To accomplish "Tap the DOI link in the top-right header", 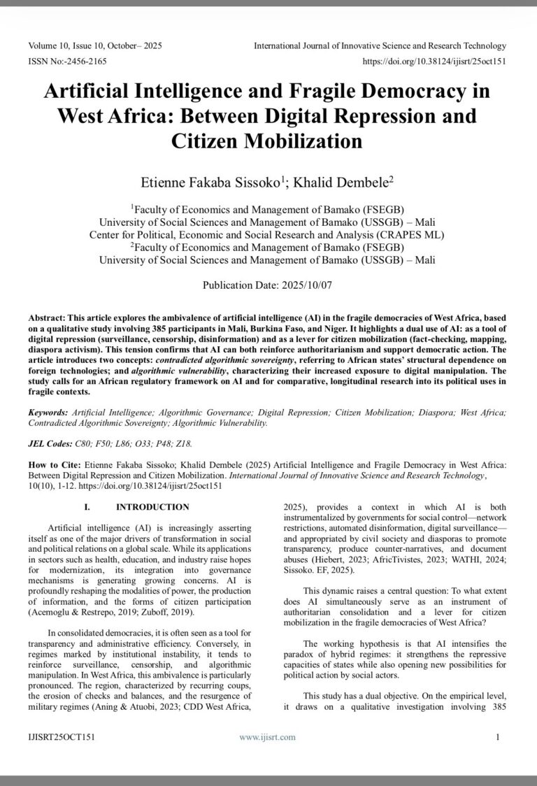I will (435, 62).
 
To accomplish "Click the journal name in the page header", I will (380, 46).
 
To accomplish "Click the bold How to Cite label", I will (55, 464).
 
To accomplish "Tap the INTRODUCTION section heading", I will (152, 507).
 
